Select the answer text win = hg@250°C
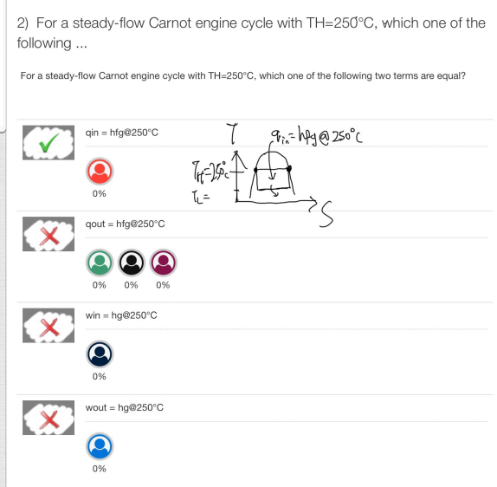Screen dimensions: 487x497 122,315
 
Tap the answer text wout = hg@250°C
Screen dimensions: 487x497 125,406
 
